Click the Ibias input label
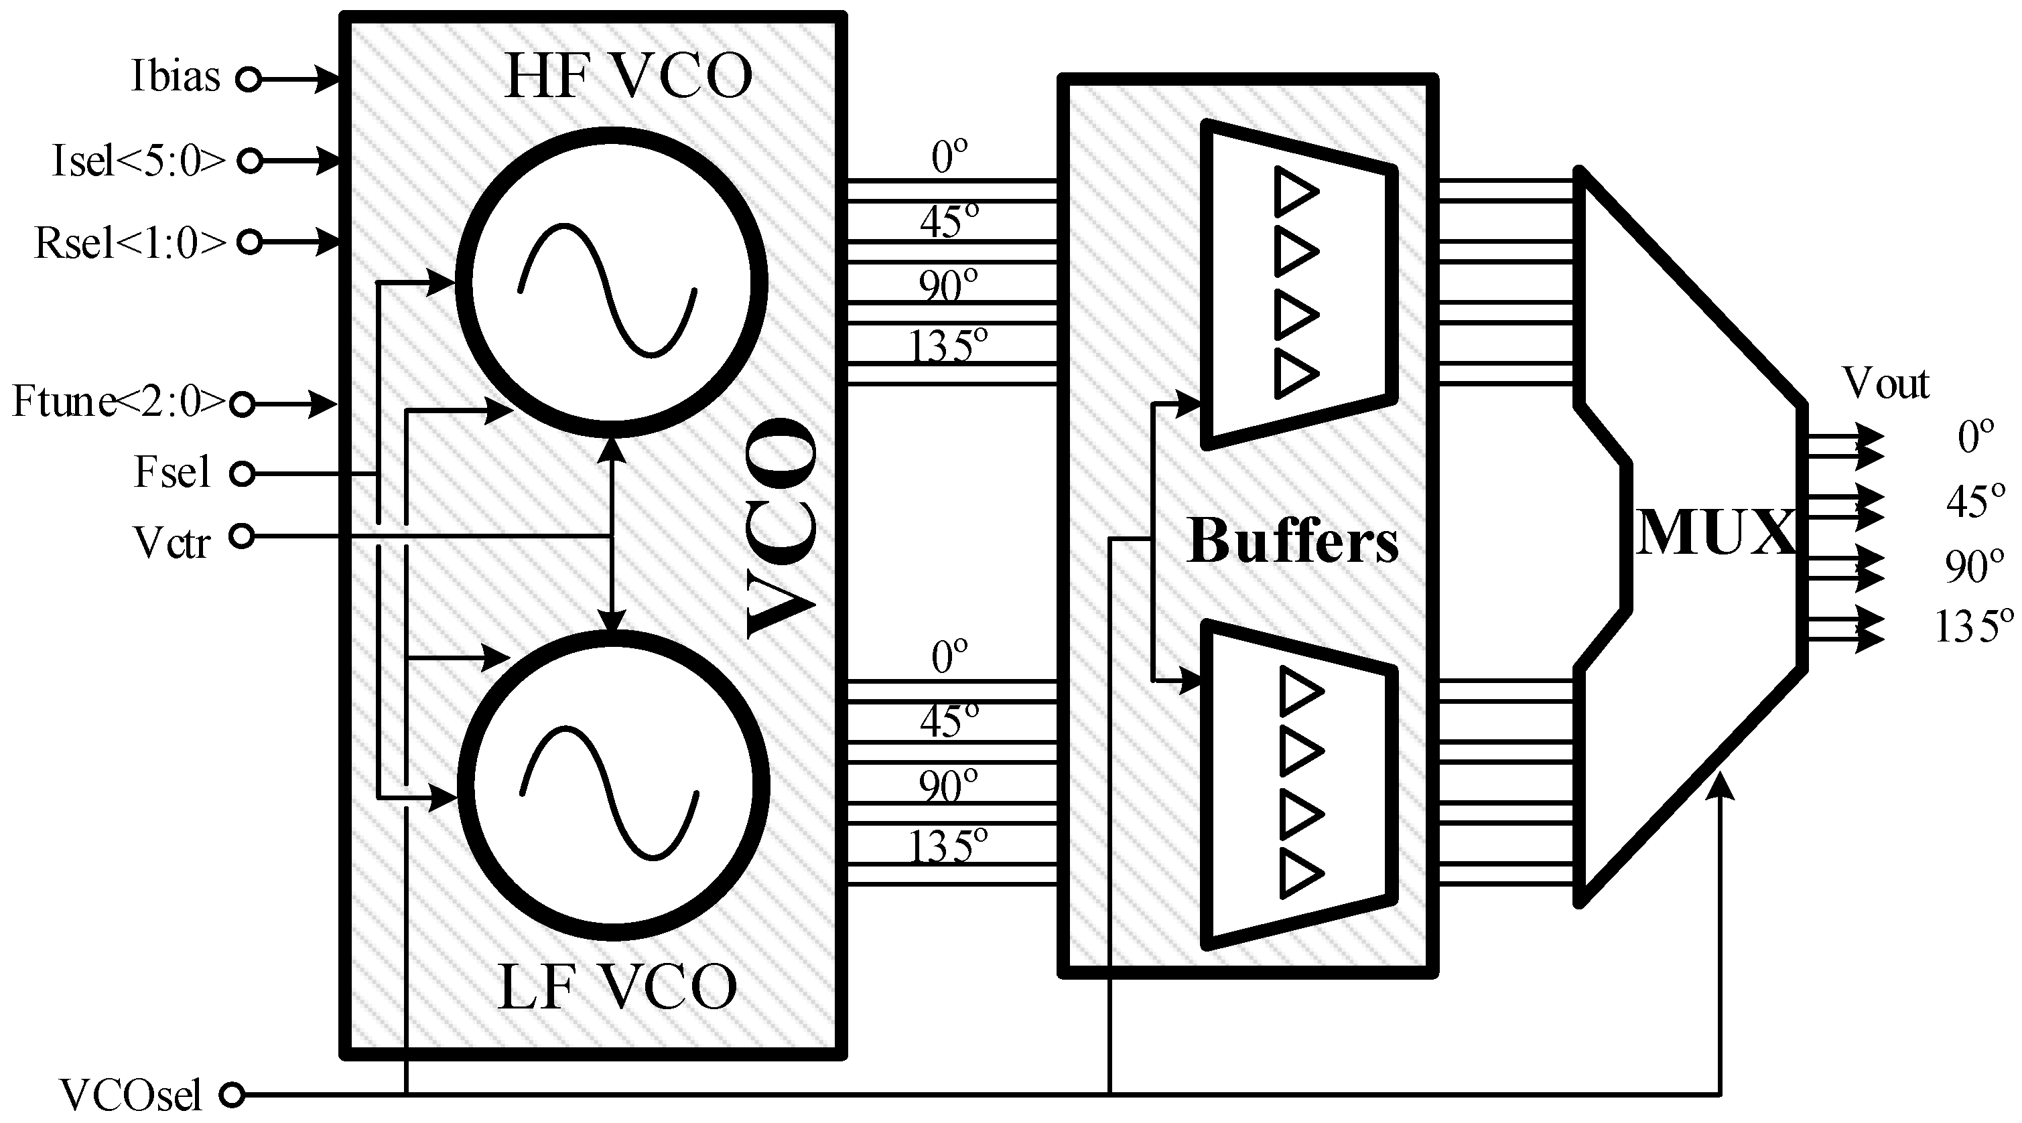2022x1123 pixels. [x=175, y=78]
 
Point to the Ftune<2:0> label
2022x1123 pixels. [x=118, y=402]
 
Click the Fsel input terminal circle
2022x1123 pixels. [x=242, y=474]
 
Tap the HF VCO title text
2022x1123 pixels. [x=627, y=76]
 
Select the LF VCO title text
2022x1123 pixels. [x=618, y=987]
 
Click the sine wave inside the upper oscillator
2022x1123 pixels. [x=607, y=291]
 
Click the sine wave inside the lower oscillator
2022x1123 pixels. [x=609, y=793]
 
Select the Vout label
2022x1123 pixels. [x=1885, y=384]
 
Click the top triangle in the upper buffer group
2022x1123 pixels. [x=1295, y=191]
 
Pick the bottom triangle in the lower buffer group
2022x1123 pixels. [x=1300, y=873]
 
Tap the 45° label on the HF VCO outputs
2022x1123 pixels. [x=949, y=222]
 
